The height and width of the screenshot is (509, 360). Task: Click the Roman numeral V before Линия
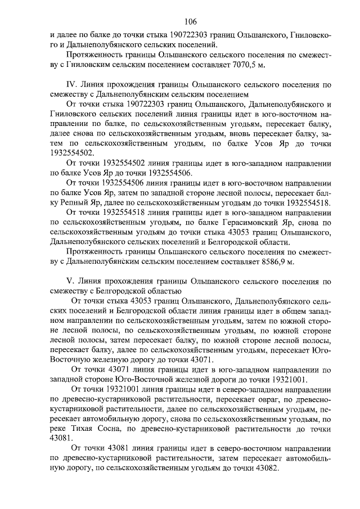click(x=70, y=281)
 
